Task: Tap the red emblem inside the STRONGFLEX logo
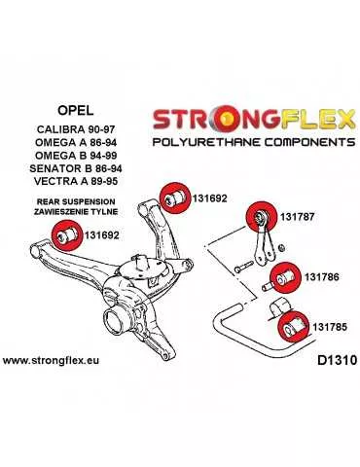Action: coord(230,121)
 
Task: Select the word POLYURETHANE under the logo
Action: coord(199,142)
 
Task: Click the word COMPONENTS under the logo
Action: coord(293,142)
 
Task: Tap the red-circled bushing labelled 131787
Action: coord(262,212)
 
